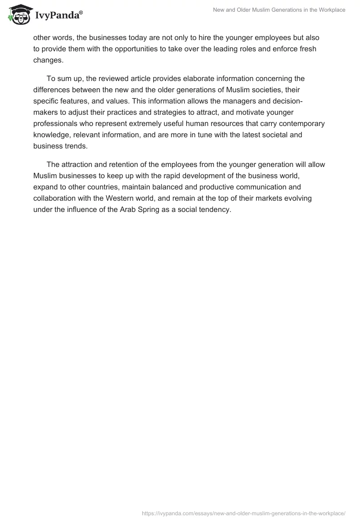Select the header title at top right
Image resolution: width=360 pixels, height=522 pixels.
279,10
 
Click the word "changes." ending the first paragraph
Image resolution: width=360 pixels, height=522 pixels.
48,60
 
